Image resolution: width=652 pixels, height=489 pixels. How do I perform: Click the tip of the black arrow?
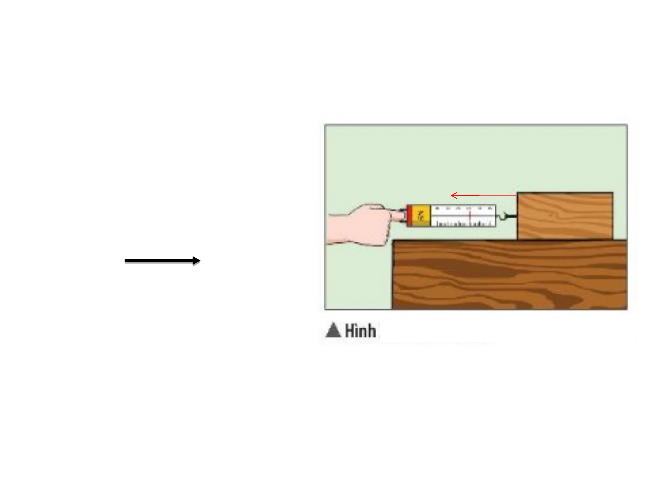[x=200, y=261]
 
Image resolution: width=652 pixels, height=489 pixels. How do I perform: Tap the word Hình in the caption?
[x=360, y=331]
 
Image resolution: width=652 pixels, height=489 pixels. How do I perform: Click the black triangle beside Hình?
[x=333, y=330]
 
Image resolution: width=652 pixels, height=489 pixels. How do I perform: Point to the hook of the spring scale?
[x=501, y=220]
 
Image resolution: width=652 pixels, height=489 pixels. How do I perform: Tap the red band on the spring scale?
[x=409, y=215]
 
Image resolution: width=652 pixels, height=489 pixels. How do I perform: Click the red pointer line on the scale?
[x=470, y=216]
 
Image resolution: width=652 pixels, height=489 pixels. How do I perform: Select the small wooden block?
[x=565, y=216]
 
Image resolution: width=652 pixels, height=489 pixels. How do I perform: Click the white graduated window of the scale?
[x=462, y=215]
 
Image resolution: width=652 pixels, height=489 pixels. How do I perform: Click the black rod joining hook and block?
[x=511, y=216]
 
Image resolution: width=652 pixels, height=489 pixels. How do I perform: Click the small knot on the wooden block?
[x=551, y=215]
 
